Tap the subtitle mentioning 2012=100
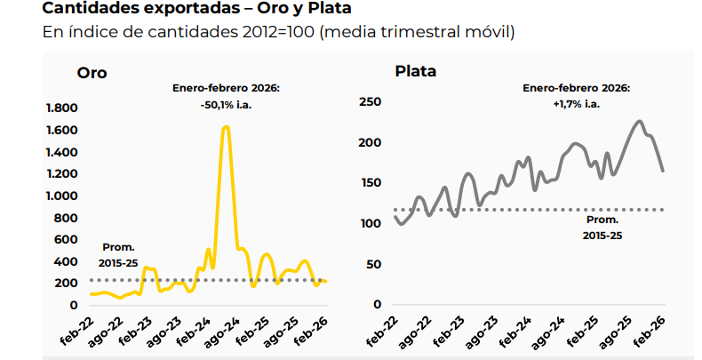coord(278,33)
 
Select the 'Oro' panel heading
coord(92,73)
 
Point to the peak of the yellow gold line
coord(226,127)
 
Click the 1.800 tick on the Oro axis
coord(61,108)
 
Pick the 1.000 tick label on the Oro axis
coord(61,196)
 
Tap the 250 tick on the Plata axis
coord(369,102)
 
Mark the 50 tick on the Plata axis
coord(372,264)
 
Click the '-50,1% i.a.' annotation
coord(226,105)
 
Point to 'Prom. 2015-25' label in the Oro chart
coord(117,254)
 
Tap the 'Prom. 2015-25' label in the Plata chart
coord(602,228)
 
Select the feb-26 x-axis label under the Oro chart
coord(316,332)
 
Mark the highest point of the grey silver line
coord(639,121)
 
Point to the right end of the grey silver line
coord(663,170)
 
